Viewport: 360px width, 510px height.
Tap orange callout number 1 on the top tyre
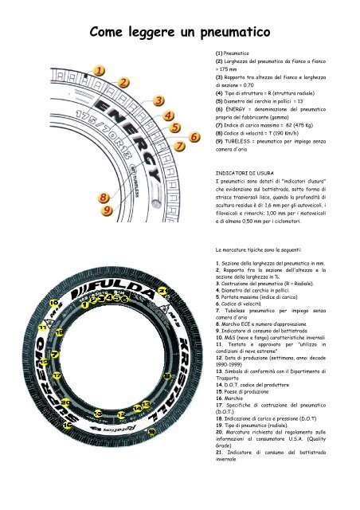point(97,70)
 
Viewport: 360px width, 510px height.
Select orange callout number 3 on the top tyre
point(158,100)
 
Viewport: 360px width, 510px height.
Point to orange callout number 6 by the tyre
point(194,138)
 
